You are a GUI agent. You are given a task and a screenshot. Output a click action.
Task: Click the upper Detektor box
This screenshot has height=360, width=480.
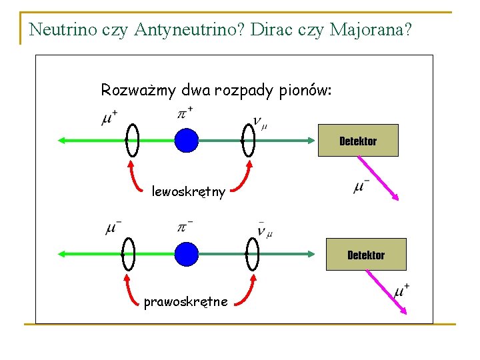point(358,141)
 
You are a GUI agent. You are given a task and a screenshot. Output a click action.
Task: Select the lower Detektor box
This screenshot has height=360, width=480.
point(366,255)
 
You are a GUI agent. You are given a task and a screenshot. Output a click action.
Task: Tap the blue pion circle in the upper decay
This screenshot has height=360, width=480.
point(187,141)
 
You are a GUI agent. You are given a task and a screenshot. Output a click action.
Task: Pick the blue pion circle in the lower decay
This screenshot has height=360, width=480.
point(187,254)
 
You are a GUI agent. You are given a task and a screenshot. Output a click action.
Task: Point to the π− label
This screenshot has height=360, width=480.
point(185,227)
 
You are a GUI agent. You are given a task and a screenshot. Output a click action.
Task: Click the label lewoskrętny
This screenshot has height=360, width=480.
point(189,193)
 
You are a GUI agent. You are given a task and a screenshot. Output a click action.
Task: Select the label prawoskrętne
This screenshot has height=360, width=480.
point(185,302)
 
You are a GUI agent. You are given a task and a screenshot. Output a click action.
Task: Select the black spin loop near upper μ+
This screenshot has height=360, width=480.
point(132,141)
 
